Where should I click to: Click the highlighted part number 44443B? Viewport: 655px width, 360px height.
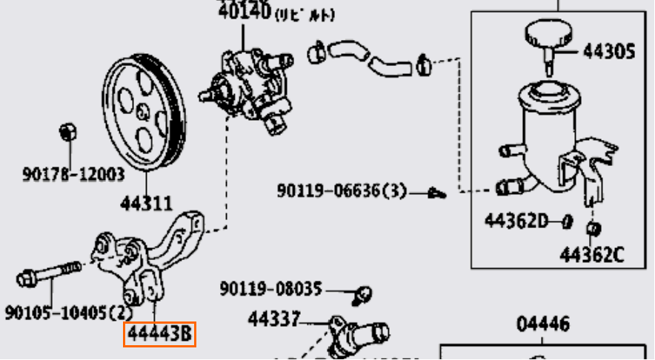(159, 335)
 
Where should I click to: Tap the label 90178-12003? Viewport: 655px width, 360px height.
(73, 175)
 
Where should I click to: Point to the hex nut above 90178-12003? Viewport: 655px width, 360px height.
(64, 132)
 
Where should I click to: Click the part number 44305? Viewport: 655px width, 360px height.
(608, 51)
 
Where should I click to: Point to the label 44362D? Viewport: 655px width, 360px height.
(516, 220)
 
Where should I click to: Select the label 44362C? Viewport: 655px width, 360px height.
(591, 256)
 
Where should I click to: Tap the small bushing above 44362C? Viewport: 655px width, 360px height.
(592, 227)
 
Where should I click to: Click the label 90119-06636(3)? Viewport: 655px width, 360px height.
(342, 191)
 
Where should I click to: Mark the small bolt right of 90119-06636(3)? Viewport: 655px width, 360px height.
(437, 193)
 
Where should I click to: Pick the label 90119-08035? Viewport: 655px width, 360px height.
(270, 287)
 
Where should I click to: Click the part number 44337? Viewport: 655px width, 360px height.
(274, 319)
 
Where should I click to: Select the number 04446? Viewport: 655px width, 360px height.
(543, 324)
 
